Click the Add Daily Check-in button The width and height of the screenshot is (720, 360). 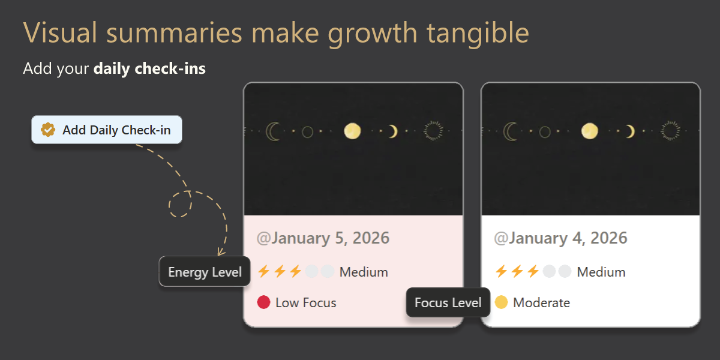(107, 130)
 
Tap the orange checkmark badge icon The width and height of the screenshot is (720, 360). (48, 130)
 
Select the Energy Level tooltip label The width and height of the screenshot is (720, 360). (205, 272)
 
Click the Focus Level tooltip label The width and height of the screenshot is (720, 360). (448, 302)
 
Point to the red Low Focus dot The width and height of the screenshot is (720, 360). (263, 302)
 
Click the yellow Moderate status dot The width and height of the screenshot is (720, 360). (501, 302)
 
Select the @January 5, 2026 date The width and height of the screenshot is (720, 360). (323, 238)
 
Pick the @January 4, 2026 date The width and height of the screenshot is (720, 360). (560, 238)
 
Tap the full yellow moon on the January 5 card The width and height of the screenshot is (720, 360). (352, 131)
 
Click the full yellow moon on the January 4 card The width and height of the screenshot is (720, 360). (590, 131)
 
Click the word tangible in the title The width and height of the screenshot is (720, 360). (478, 33)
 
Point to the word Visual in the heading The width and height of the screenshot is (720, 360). (60, 32)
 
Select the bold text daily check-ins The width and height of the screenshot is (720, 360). (149, 68)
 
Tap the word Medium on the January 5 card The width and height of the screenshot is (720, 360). (364, 272)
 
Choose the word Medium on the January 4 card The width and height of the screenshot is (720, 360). (601, 272)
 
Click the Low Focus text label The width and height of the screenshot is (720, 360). (306, 303)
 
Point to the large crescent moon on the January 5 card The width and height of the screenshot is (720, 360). (271, 131)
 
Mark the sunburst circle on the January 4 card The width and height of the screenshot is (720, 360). (671, 131)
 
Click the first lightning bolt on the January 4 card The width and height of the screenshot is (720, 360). (501, 271)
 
